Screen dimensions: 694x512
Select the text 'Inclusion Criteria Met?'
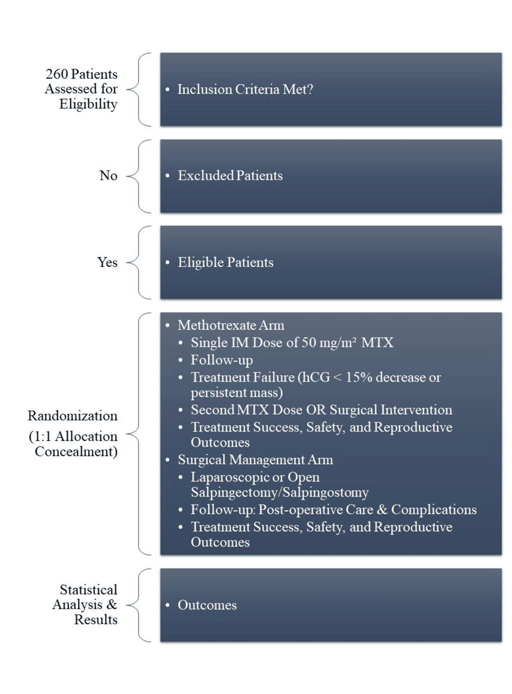(x=245, y=89)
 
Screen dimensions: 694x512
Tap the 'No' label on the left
(x=108, y=176)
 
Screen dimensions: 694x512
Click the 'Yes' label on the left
(x=107, y=263)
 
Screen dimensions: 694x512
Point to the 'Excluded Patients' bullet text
(x=230, y=176)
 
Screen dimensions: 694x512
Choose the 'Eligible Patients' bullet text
(x=225, y=263)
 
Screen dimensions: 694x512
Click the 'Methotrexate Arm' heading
(x=231, y=325)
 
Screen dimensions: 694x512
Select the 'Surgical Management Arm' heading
(x=255, y=460)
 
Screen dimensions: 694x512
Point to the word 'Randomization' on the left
(x=73, y=416)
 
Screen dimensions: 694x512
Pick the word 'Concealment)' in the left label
(x=76, y=451)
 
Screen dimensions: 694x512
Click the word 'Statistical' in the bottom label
(x=88, y=590)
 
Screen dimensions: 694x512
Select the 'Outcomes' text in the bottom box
(x=207, y=605)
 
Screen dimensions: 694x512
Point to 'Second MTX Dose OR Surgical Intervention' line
(x=321, y=410)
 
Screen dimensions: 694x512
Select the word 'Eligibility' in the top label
(x=88, y=104)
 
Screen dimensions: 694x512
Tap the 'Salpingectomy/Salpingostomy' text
(x=279, y=492)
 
